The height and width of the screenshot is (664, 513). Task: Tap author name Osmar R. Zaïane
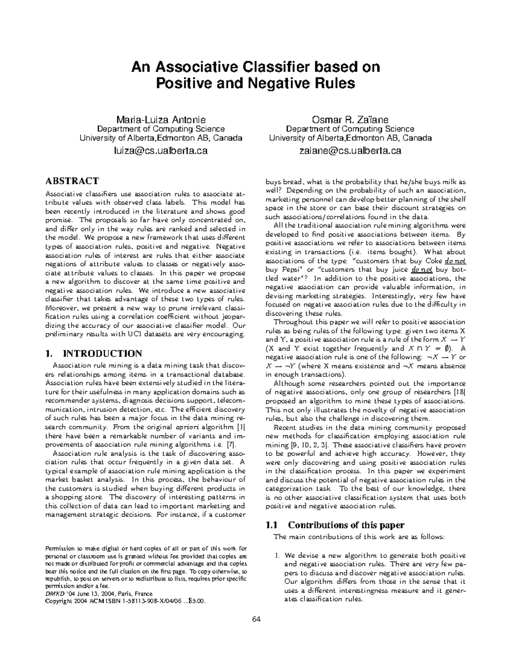pos(350,119)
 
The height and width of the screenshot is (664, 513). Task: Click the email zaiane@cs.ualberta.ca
pos(350,151)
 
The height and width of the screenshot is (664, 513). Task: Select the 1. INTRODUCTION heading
pos(94,354)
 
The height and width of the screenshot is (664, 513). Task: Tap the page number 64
pos(256,619)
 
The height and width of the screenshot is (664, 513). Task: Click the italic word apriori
pos(187,427)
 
